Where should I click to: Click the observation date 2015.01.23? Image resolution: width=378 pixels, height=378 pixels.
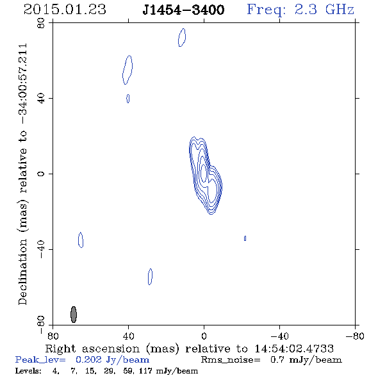(65, 10)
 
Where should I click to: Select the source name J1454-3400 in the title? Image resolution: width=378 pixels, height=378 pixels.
(183, 10)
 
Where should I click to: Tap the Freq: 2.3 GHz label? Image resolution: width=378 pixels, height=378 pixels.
(300, 10)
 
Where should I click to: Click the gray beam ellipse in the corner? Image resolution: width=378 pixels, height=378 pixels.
(74, 315)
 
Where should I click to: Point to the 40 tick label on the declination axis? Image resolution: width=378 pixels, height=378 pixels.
(41, 99)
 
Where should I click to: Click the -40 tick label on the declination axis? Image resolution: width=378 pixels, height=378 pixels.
(41, 249)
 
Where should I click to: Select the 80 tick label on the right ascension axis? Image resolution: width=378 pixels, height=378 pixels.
(53, 336)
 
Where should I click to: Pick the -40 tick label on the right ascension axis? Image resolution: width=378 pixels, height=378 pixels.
(279, 336)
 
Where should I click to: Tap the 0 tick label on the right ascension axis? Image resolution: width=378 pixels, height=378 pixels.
(204, 336)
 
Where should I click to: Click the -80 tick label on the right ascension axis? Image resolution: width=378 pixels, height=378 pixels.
(355, 336)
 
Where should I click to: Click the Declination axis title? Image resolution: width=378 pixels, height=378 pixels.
(23, 174)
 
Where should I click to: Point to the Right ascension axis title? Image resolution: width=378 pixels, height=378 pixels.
(190, 349)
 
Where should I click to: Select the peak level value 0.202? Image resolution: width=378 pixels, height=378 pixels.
(88, 359)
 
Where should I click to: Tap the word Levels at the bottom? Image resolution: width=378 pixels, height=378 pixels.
(28, 371)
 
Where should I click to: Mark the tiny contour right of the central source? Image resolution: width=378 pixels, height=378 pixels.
(245, 238)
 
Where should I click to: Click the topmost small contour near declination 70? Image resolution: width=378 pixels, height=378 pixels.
(182, 37)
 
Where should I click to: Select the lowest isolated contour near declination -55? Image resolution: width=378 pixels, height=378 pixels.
(150, 277)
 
